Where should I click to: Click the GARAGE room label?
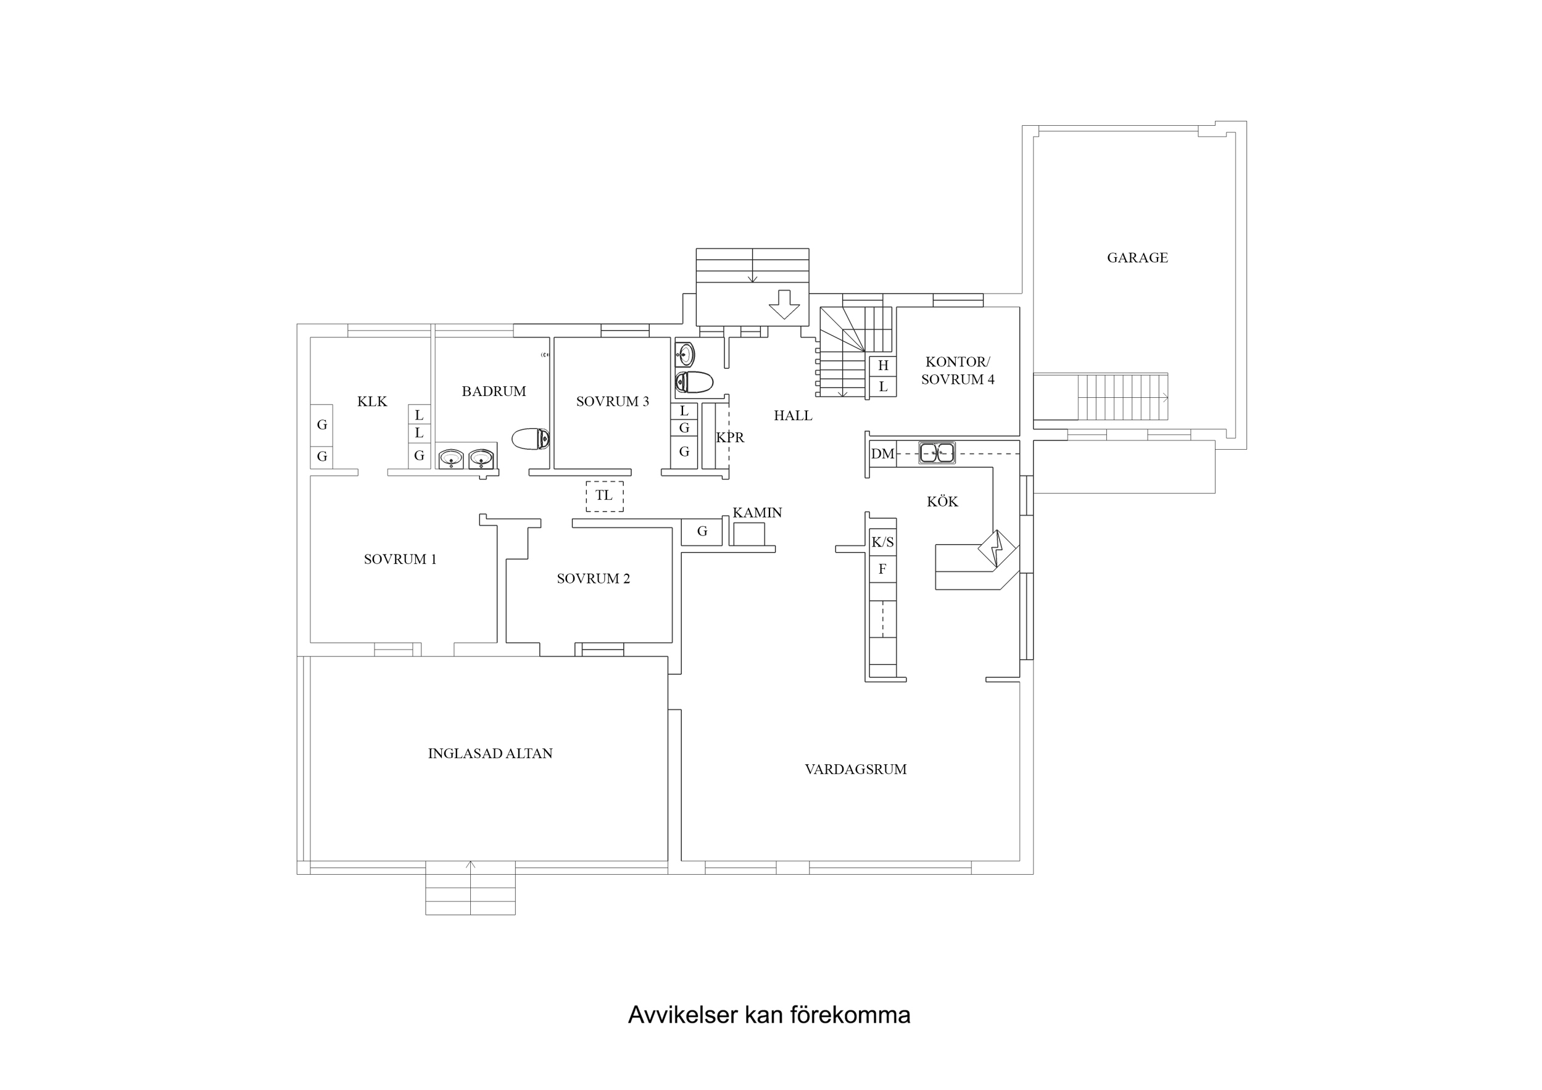pos(1137,257)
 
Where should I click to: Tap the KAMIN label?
pos(757,513)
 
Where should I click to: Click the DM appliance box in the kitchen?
pos(882,454)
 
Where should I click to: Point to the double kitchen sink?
pos(936,453)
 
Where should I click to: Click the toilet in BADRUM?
pos(531,439)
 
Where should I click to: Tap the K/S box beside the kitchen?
pos(882,543)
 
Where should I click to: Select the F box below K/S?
pos(882,569)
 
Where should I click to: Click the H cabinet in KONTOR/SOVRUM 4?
pos(883,366)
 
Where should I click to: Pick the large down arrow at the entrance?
pos(784,304)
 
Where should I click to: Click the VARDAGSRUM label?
pos(856,770)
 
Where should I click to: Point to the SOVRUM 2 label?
pos(593,579)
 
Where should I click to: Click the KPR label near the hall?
pos(730,438)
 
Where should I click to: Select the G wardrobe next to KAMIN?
pos(702,532)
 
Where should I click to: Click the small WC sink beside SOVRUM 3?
pos(684,354)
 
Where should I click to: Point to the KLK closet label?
pos(372,402)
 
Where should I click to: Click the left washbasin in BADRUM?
pos(450,459)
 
